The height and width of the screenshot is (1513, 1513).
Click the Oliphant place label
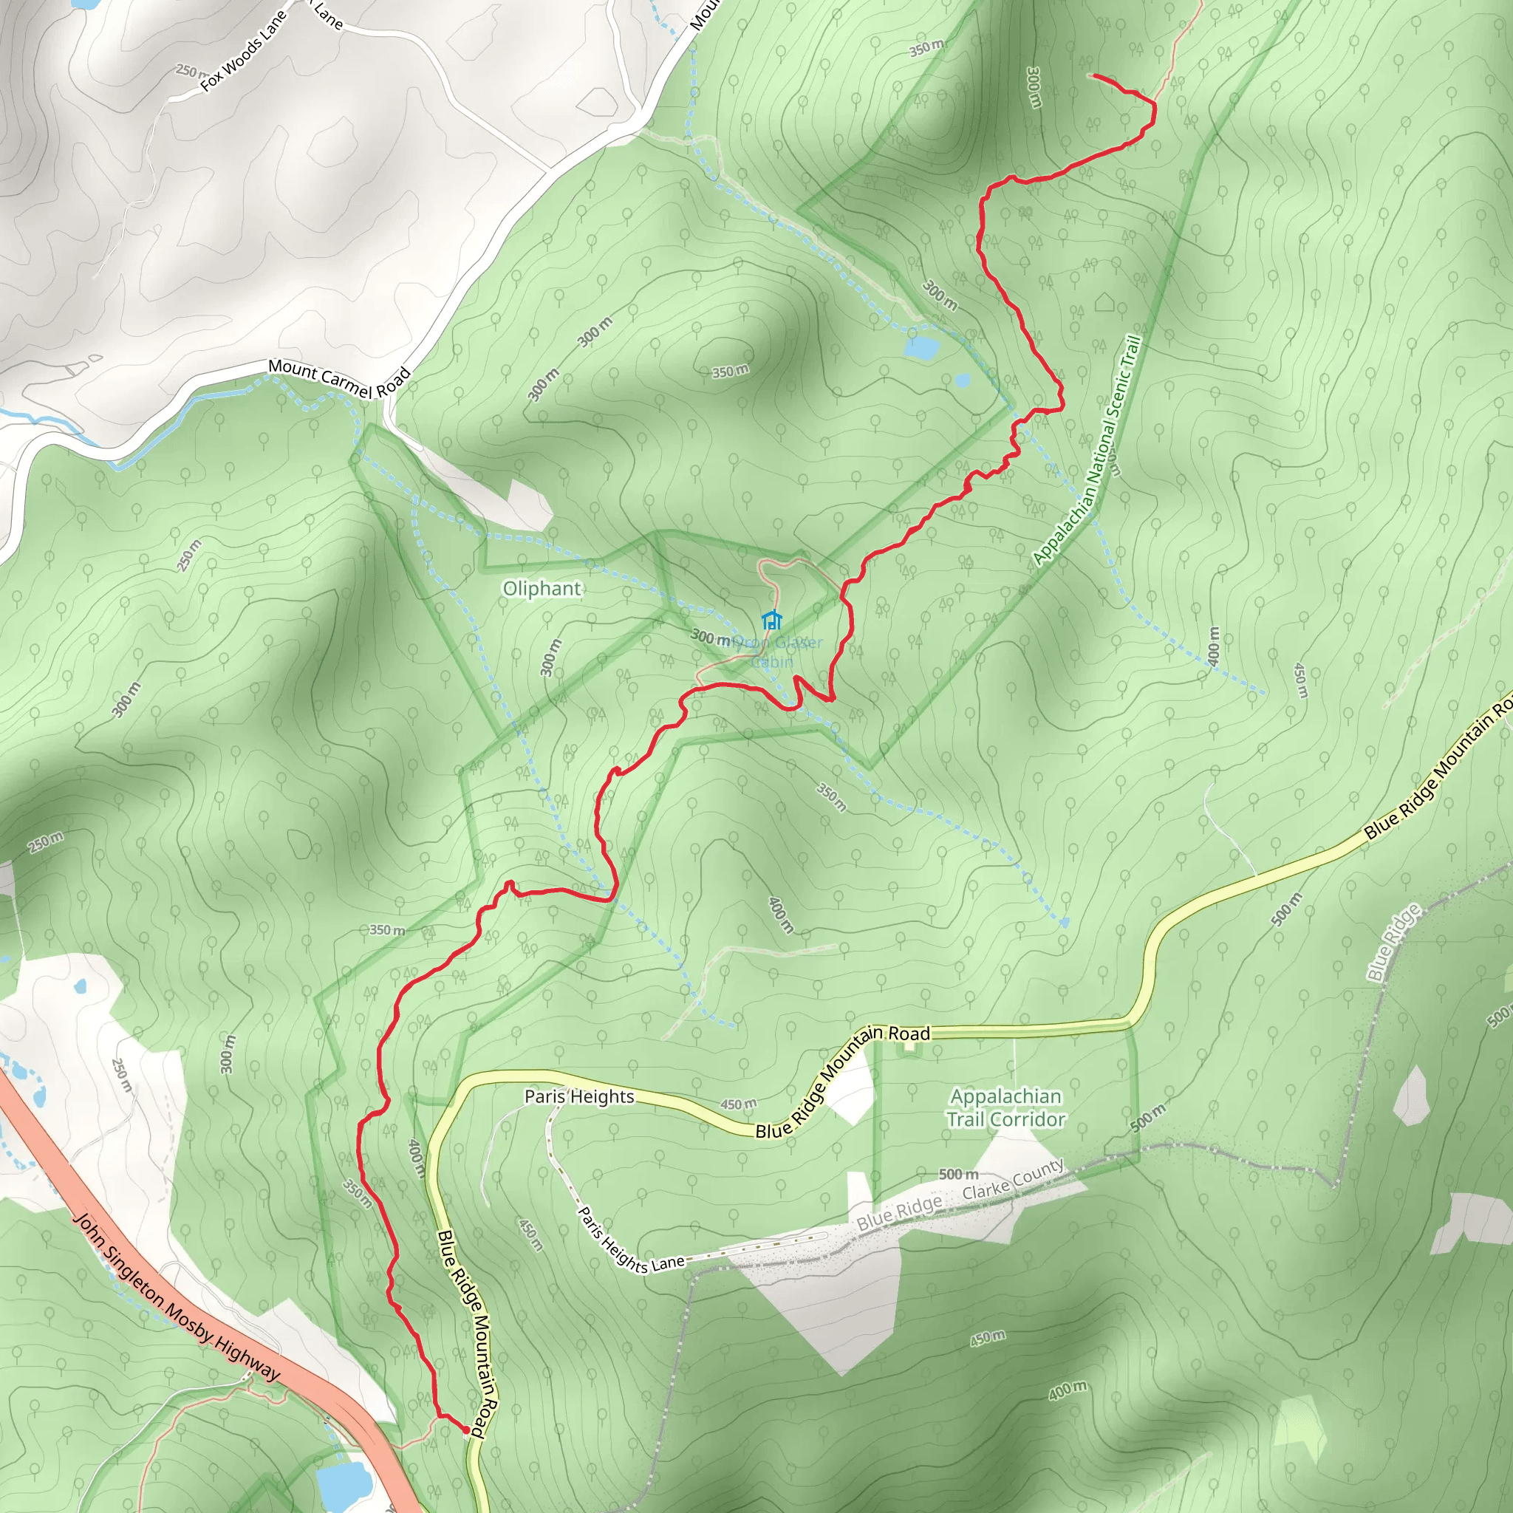pyautogui.click(x=542, y=588)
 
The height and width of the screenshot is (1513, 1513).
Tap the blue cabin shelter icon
pyautogui.click(x=771, y=621)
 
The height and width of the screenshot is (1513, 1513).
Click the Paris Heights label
pyautogui.click(x=578, y=1096)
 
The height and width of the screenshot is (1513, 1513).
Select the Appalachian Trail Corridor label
pyautogui.click(x=1005, y=1107)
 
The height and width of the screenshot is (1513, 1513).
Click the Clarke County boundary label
pyautogui.click(x=1013, y=1179)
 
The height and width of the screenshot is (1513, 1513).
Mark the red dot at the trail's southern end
pyautogui.click(x=466, y=1430)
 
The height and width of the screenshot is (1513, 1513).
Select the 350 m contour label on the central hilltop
pyautogui.click(x=730, y=371)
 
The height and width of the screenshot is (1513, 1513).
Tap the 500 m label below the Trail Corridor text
pyautogui.click(x=957, y=1174)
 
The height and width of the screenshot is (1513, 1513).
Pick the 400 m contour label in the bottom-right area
pyautogui.click(x=1068, y=1391)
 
